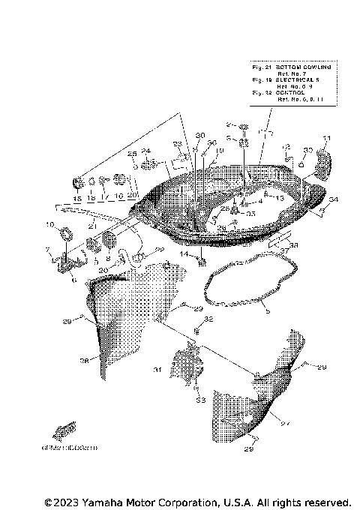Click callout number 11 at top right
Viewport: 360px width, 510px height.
(x=326, y=137)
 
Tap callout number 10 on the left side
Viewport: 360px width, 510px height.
(x=50, y=224)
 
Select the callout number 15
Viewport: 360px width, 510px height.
(x=76, y=198)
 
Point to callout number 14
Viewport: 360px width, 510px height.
(x=183, y=254)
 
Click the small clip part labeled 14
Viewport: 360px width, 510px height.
(x=202, y=261)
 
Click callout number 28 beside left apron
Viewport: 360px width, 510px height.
(x=84, y=361)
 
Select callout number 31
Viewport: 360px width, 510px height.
(x=157, y=370)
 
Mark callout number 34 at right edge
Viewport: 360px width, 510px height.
(x=334, y=199)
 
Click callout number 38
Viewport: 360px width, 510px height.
(x=293, y=244)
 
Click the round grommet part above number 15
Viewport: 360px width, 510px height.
(x=77, y=182)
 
